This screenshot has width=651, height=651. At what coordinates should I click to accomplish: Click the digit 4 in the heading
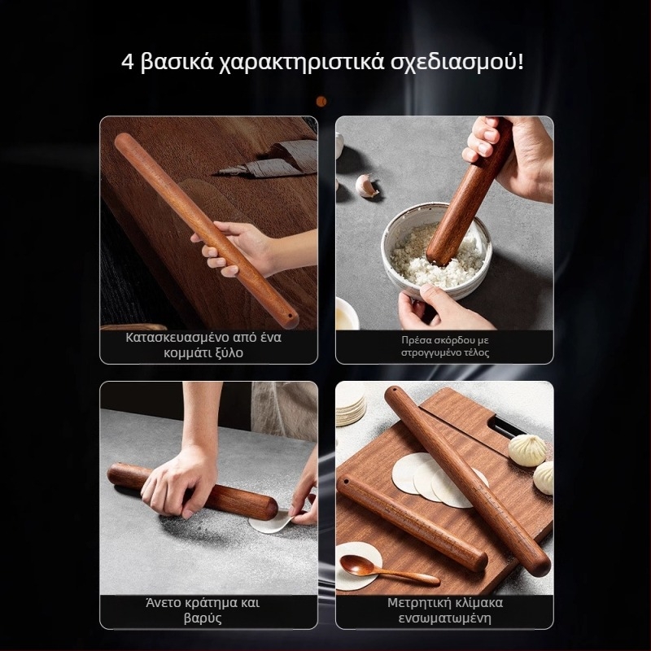tap(128, 63)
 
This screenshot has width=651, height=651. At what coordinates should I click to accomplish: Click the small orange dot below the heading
tap(321, 101)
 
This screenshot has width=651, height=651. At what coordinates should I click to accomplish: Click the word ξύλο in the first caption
tap(228, 353)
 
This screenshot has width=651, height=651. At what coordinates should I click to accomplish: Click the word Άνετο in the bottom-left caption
tap(164, 602)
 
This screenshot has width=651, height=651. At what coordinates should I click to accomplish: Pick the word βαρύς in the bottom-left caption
tap(203, 618)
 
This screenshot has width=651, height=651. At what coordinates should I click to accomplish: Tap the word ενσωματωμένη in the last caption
tap(444, 618)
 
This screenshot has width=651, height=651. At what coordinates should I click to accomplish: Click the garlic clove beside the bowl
tap(367, 186)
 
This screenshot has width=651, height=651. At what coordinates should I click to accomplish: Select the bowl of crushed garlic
tap(436, 249)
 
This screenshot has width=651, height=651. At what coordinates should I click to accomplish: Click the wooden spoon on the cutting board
tap(388, 568)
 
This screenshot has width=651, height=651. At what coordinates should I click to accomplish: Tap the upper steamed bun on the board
tap(527, 450)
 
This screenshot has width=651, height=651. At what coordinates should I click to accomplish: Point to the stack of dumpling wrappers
tap(351, 404)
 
